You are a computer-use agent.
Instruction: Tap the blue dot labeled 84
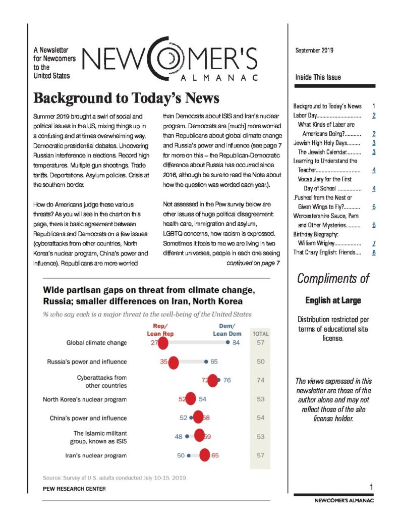tap(228, 343)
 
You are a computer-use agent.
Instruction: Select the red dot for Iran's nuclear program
tap(205, 455)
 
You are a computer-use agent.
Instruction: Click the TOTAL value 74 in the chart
tap(260, 380)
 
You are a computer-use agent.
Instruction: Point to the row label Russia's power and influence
tap(94, 361)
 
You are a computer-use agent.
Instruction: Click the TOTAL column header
tap(260, 334)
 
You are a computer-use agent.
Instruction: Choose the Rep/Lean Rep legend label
tap(160, 330)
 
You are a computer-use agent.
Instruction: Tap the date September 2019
tap(314, 50)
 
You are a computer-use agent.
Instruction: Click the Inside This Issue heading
tap(318, 77)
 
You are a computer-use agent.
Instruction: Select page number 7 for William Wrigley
tap(373, 243)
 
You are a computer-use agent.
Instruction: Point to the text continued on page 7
tap(253, 263)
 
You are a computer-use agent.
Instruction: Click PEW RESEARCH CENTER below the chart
tap(74, 489)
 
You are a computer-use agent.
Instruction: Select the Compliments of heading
tap(333, 278)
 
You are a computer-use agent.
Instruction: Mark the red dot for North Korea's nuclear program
tap(190, 399)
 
